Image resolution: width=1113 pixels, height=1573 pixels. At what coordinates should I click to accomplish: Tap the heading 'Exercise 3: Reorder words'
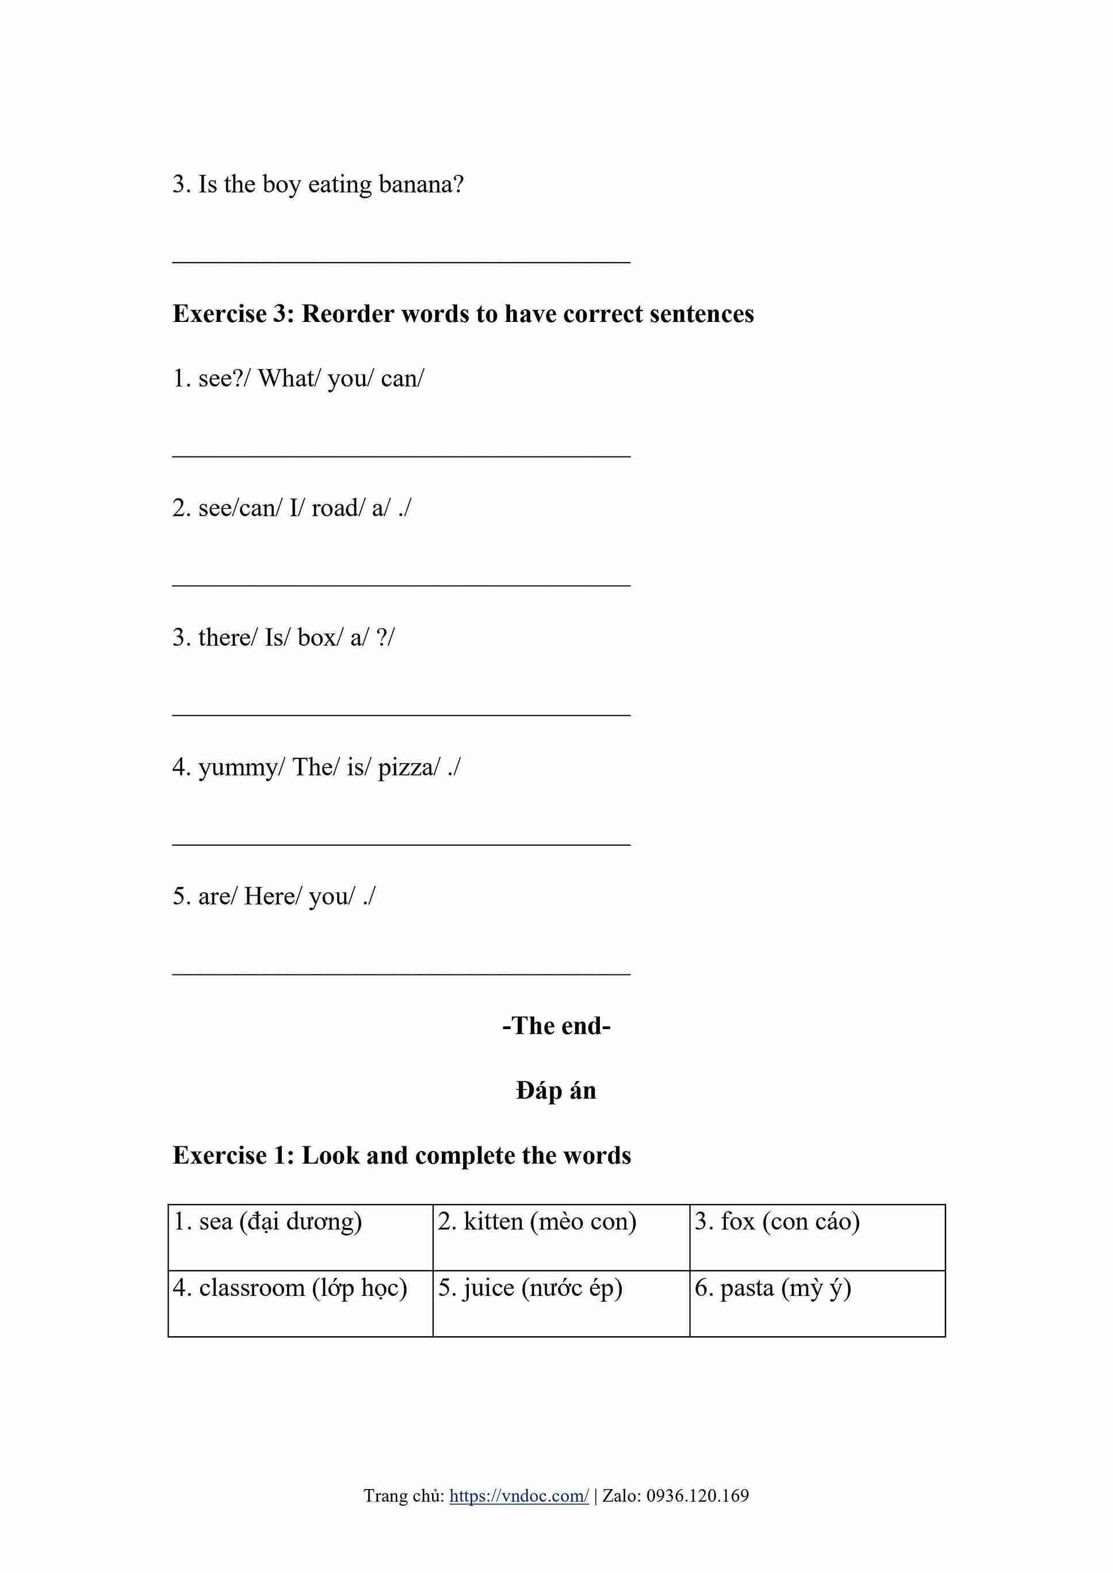(x=462, y=314)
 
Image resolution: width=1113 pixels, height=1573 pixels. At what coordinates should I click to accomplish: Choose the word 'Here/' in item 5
(x=272, y=896)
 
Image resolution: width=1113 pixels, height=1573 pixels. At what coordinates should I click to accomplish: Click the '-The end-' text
(x=556, y=1026)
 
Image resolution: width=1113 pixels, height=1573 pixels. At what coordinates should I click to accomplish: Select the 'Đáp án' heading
(x=556, y=1090)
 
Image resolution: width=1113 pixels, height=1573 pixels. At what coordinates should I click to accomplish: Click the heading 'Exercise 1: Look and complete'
(x=401, y=1155)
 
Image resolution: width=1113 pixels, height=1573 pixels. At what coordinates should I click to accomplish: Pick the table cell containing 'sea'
(x=300, y=1237)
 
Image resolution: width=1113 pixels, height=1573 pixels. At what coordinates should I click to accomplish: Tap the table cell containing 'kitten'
(x=561, y=1237)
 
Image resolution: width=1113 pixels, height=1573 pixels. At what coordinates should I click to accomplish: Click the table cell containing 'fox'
(x=817, y=1237)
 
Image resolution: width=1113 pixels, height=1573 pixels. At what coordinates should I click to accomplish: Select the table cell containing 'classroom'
(x=300, y=1303)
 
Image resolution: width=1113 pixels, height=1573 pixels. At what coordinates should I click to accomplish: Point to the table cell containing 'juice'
(x=561, y=1303)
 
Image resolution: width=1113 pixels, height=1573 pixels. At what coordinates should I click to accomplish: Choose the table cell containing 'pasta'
(x=817, y=1303)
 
